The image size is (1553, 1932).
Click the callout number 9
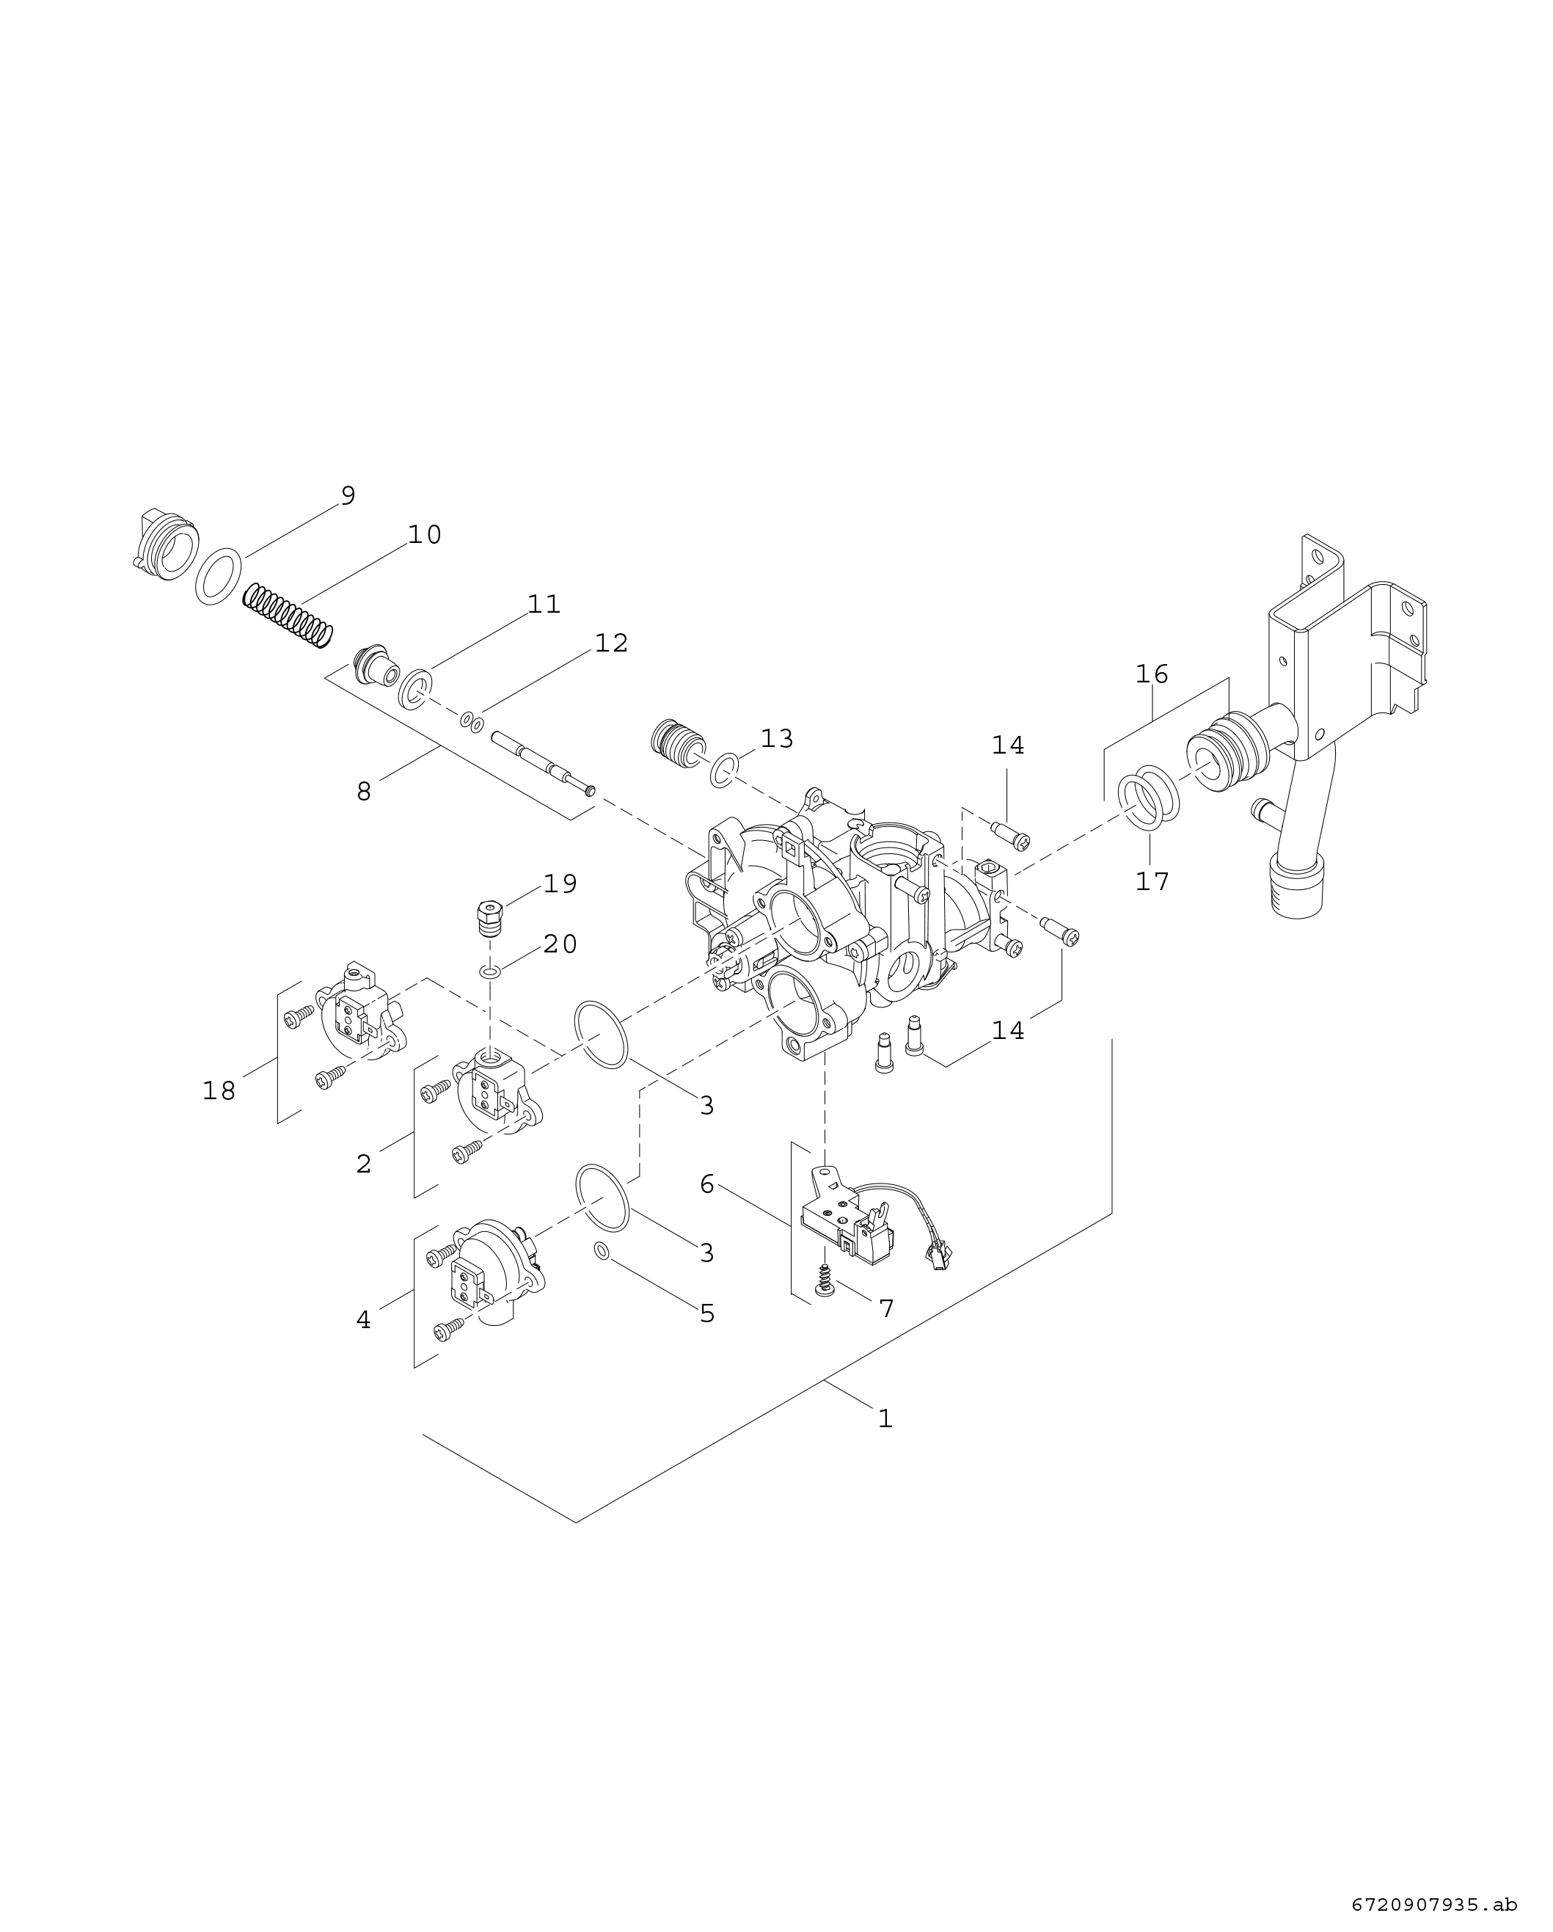pos(348,495)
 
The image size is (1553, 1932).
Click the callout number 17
pos(1152,882)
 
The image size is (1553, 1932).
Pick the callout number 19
pos(560,883)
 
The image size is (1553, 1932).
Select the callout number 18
pos(219,1090)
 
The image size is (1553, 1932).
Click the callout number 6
pos(707,1184)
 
